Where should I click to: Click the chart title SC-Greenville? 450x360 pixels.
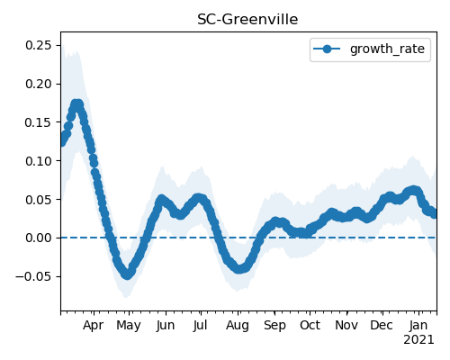click(247, 20)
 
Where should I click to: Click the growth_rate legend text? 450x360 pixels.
click(387, 49)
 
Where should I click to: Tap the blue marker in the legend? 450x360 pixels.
click(327, 49)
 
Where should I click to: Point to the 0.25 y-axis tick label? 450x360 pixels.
click(39, 45)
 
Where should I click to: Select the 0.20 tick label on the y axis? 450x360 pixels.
click(39, 84)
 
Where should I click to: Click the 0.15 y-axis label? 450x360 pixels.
click(39, 122)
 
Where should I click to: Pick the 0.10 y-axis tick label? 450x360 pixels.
click(39, 161)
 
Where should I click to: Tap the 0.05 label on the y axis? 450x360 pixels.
click(39, 200)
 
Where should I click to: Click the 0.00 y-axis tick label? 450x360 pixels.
click(39, 238)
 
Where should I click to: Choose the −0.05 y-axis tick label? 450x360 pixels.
click(33, 276)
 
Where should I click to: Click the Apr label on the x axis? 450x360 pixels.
click(94, 326)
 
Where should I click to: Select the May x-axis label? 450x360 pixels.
click(129, 326)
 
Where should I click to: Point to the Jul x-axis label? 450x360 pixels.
click(200, 325)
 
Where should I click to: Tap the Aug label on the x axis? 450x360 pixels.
click(238, 326)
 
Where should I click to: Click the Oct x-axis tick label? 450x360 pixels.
click(310, 325)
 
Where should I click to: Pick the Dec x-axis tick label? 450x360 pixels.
click(382, 325)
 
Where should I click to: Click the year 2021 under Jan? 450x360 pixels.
click(418, 340)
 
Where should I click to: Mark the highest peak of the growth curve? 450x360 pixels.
click(77, 105)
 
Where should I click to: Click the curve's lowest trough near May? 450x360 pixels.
click(128, 274)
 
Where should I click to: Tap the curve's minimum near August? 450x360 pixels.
click(238, 268)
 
